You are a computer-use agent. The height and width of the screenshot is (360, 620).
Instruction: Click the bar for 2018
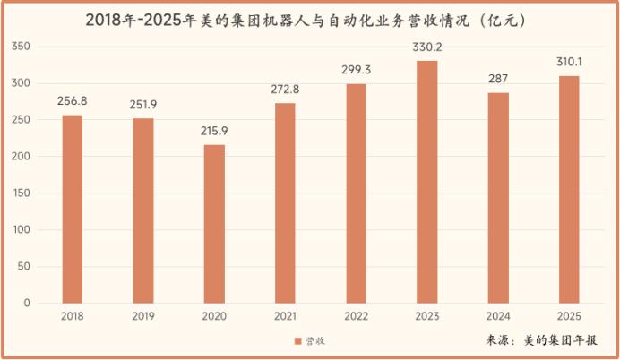pyautogui.click(x=73, y=209)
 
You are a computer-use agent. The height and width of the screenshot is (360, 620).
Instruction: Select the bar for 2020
pyautogui.click(x=214, y=224)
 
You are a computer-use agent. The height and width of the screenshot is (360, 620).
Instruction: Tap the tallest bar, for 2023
pyautogui.click(x=427, y=182)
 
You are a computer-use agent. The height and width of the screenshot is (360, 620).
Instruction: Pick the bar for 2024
pyautogui.click(x=498, y=198)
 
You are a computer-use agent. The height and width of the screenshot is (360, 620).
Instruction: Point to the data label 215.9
pyautogui.click(x=214, y=131)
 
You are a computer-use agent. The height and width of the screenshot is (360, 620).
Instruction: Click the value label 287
pyautogui.click(x=498, y=79)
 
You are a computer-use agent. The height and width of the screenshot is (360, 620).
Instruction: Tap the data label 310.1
pyautogui.click(x=569, y=62)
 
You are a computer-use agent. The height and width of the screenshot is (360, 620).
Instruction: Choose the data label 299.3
pyautogui.click(x=357, y=70)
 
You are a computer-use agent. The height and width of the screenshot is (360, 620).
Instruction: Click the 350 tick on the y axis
pyautogui.click(x=22, y=47)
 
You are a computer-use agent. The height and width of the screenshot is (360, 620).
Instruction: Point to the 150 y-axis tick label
pyautogui.click(x=22, y=193)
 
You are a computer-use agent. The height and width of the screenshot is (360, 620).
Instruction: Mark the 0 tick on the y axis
pyautogui.click(x=27, y=304)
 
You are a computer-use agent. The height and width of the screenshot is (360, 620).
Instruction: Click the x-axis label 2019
pyautogui.click(x=143, y=316)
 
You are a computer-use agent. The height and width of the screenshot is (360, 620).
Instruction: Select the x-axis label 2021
pyautogui.click(x=285, y=316)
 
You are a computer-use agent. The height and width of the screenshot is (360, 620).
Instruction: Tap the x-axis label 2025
pyautogui.click(x=569, y=316)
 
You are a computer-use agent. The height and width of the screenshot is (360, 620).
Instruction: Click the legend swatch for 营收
pyautogui.click(x=298, y=341)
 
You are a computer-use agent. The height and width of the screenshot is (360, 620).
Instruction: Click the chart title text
pyautogui.click(x=310, y=18)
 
